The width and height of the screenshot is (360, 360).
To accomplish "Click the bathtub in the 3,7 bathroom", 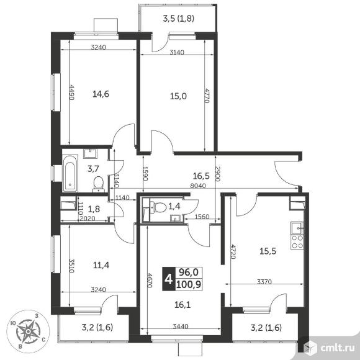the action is click(70, 173).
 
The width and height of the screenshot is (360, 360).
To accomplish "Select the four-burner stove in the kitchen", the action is click(297, 242).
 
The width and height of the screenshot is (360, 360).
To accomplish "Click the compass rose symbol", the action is click(28, 331).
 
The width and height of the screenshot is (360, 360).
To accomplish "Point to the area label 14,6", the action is click(101, 94).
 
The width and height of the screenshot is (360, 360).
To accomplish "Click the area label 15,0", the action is click(178, 96).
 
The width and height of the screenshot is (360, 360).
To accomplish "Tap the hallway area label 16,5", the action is click(201, 176).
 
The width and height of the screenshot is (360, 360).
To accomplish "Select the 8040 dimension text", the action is click(197, 186).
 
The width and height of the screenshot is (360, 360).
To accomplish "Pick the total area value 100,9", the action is click(189, 285).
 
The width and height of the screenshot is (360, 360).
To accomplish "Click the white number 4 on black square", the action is click(169, 279).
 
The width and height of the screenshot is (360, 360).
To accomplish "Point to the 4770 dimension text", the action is click(207, 96).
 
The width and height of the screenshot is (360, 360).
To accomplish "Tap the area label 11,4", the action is click(101, 266).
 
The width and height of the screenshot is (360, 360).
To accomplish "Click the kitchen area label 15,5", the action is click(268, 251).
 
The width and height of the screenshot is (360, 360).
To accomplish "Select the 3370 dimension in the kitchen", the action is click(264, 281).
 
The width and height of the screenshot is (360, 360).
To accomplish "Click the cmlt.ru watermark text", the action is click(337, 348).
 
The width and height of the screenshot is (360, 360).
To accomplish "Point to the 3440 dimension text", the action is click(181, 326).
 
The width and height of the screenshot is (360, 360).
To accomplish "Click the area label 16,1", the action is click(182, 305).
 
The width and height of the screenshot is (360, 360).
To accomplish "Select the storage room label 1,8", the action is click(94, 209).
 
